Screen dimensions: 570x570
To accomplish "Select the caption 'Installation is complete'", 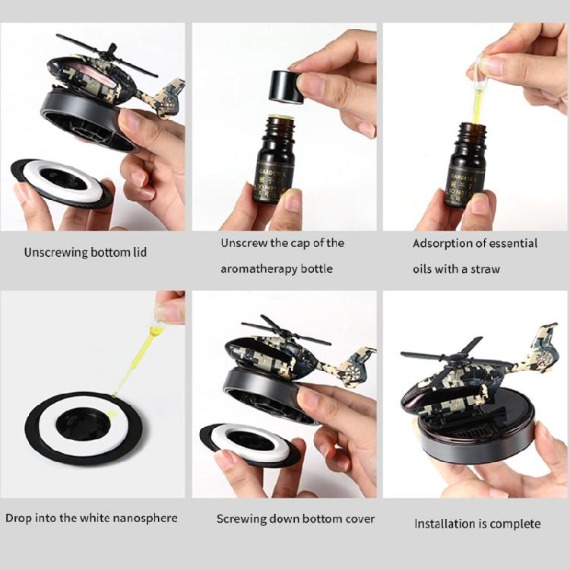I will (x=477, y=524).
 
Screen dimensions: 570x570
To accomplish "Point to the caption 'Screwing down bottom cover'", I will (x=295, y=519).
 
